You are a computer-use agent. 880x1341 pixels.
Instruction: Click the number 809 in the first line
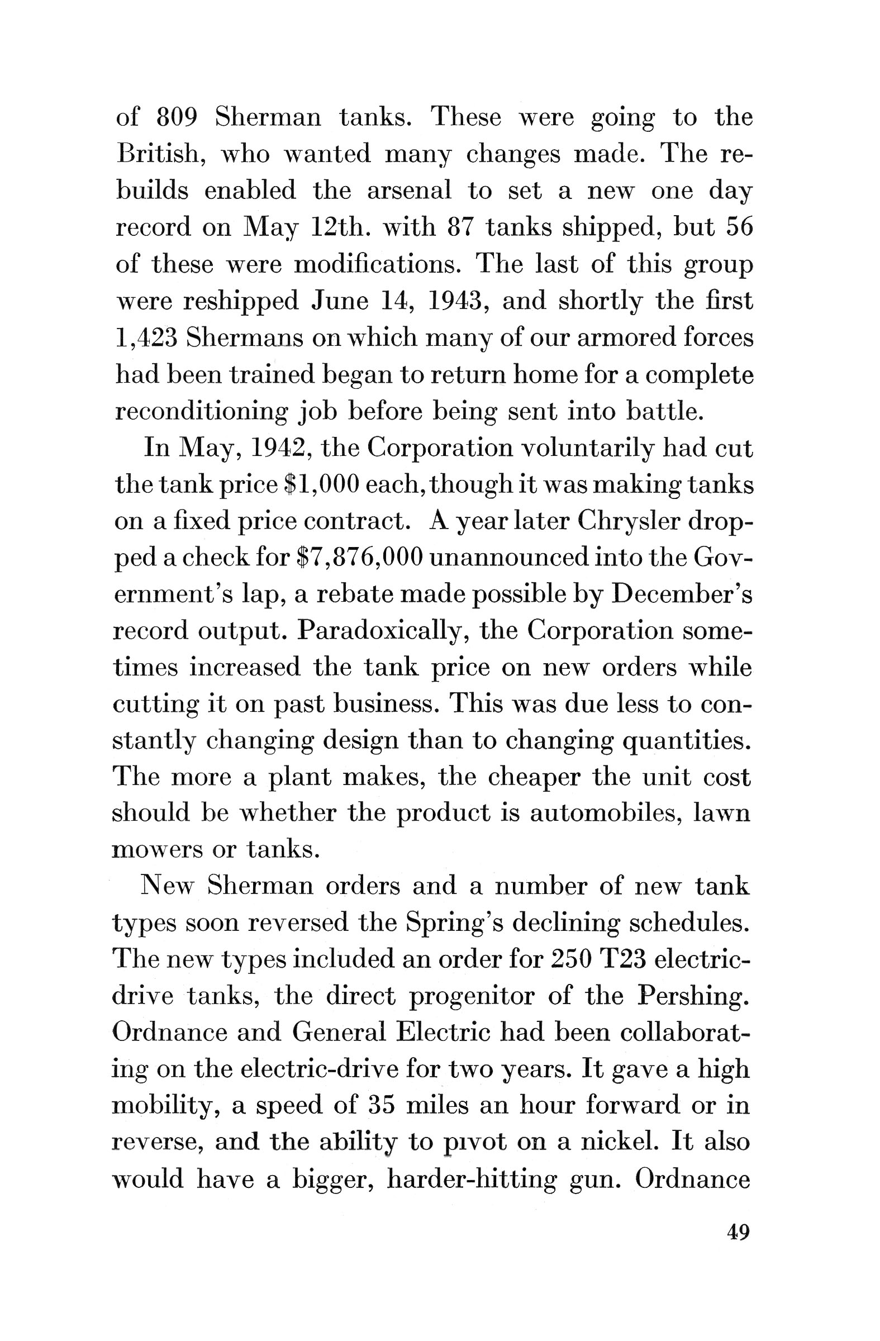coord(177,117)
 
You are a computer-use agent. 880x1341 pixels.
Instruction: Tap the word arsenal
coord(409,191)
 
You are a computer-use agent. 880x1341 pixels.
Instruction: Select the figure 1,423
coord(146,338)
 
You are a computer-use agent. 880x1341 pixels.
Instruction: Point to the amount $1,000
coord(322,484)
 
